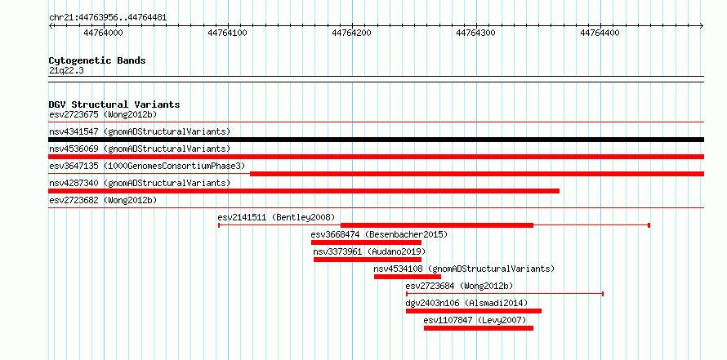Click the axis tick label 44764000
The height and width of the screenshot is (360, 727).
(x=104, y=33)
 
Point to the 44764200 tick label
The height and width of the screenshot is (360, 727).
(x=352, y=33)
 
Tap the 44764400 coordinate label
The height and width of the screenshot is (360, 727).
(x=600, y=33)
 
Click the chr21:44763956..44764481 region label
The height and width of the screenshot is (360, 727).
(x=108, y=18)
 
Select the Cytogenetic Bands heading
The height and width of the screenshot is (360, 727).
(x=97, y=60)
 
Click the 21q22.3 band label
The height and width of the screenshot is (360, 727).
(x=66, y=71)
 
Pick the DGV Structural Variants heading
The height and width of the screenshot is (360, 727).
(x=114, y=104)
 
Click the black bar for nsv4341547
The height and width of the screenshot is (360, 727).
(x=376, y=140)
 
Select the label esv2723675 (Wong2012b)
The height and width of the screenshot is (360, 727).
(x=103, y=114)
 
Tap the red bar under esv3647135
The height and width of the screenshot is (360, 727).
(x=477, y=174)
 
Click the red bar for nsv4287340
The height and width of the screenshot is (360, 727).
(x=304, y=191)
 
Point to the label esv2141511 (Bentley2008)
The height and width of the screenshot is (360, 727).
(x=276, y=217)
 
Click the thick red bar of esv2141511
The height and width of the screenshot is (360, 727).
(x=437, y=225)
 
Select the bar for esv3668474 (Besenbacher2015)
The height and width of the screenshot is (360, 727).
(x=366, y=242)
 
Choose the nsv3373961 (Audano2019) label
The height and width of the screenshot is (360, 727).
(x=369, y=251)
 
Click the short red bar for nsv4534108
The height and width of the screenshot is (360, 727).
(x=408, y=277)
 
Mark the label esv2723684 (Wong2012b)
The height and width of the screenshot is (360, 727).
(x=459, y=286)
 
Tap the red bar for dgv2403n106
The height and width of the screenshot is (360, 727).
(x=474, y=311)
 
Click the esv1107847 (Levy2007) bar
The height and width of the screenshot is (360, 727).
(x=479, y=328)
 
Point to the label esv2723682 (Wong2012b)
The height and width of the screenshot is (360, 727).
(x=103, y=200)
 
